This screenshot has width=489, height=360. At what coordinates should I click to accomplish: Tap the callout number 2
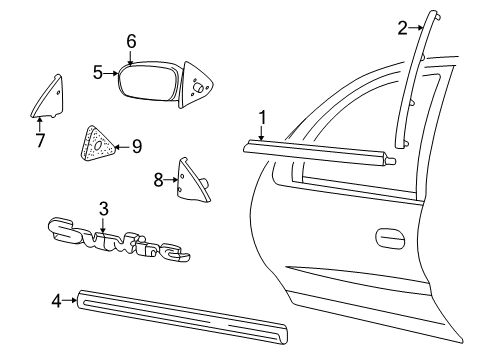[402, 28]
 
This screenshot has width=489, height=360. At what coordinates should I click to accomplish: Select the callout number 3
[103, 208]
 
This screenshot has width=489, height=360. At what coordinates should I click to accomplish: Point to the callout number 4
[56, 298]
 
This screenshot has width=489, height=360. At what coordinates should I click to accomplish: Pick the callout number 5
[98, 72]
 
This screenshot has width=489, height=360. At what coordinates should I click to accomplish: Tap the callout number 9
[137, 146]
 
